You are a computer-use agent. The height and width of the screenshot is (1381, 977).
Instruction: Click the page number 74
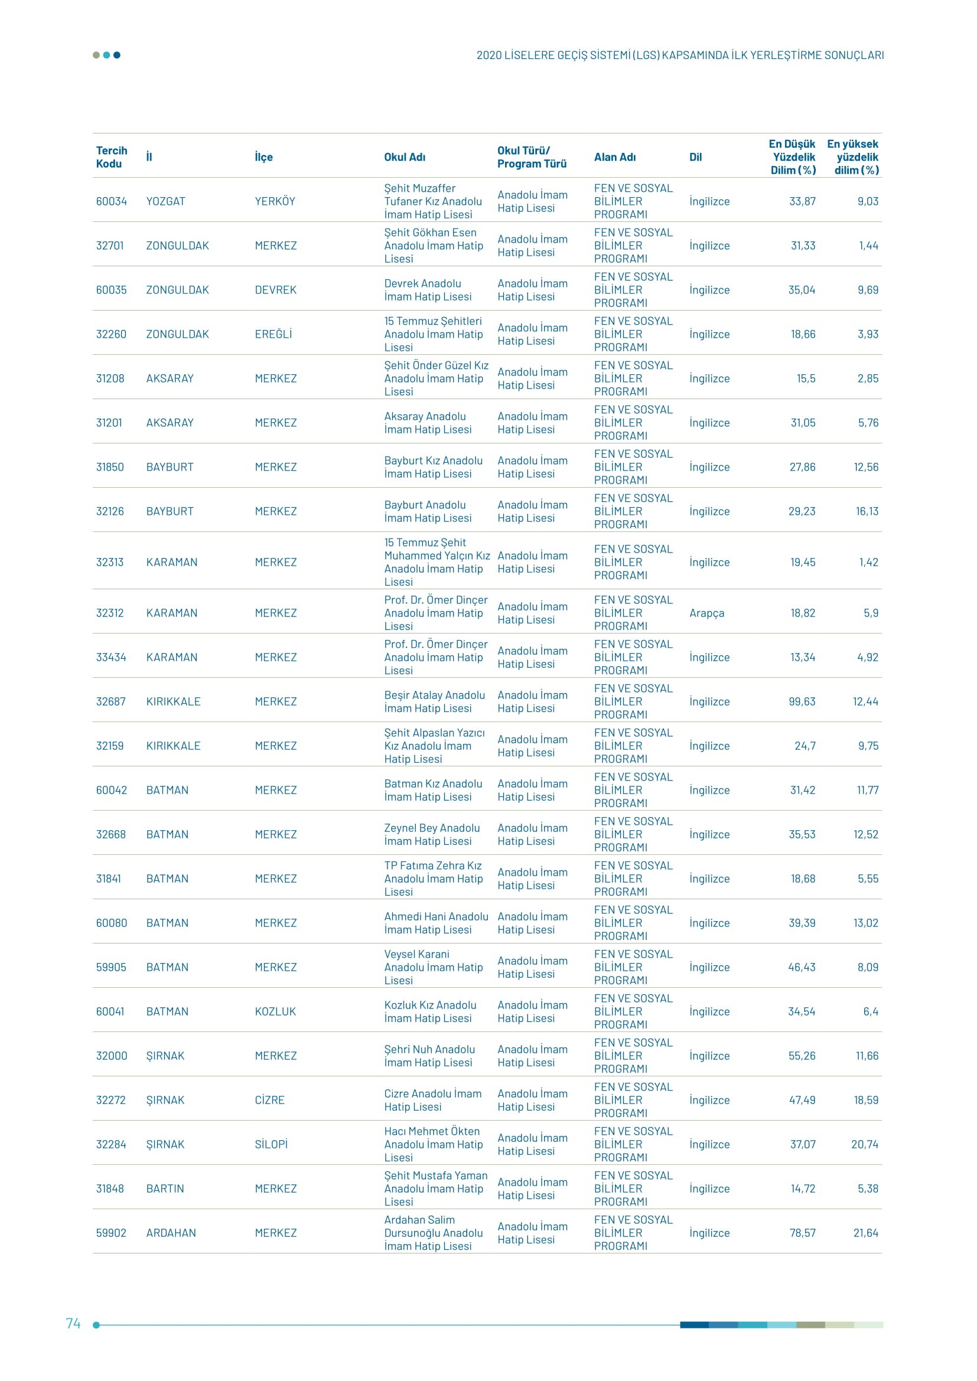click(x=73, y=1323)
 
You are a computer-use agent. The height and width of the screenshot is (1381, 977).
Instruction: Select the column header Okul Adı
click(x=404, y=157)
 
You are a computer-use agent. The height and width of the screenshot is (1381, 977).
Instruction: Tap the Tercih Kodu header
click(x=111, y=157)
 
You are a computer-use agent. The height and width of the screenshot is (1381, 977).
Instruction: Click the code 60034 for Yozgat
click(x=111, y=201)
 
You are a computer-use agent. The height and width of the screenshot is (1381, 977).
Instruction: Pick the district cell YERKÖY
click(x=275, y=201)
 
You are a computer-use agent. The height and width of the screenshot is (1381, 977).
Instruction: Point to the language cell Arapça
click(x=706, y=613)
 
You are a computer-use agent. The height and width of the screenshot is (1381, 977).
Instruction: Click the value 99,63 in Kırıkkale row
click(x=802, y=701)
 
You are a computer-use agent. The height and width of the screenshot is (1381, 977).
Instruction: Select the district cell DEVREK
click(x=275, y=290)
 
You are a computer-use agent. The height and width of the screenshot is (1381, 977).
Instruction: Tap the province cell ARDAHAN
click(x=171, y=1233)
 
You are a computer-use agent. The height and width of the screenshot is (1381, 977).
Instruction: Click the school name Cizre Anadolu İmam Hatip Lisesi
click(x=432, y=1100)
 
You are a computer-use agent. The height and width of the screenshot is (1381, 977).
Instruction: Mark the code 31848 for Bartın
click(x=110, y=1189)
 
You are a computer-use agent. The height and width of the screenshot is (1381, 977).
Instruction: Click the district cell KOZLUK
click(x=275, y=1012)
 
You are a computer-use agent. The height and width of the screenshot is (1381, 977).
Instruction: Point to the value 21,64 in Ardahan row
click(x=865, y=1233)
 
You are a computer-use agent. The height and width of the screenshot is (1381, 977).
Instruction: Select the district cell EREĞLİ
click(x=273, y=334)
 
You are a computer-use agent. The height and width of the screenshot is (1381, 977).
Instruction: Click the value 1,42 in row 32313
click(x=868, y=563)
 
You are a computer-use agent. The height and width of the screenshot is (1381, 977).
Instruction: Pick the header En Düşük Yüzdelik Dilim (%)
click(x=792, y=157)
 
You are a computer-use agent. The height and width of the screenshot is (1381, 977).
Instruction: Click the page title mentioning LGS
click(x=680, y=55)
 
